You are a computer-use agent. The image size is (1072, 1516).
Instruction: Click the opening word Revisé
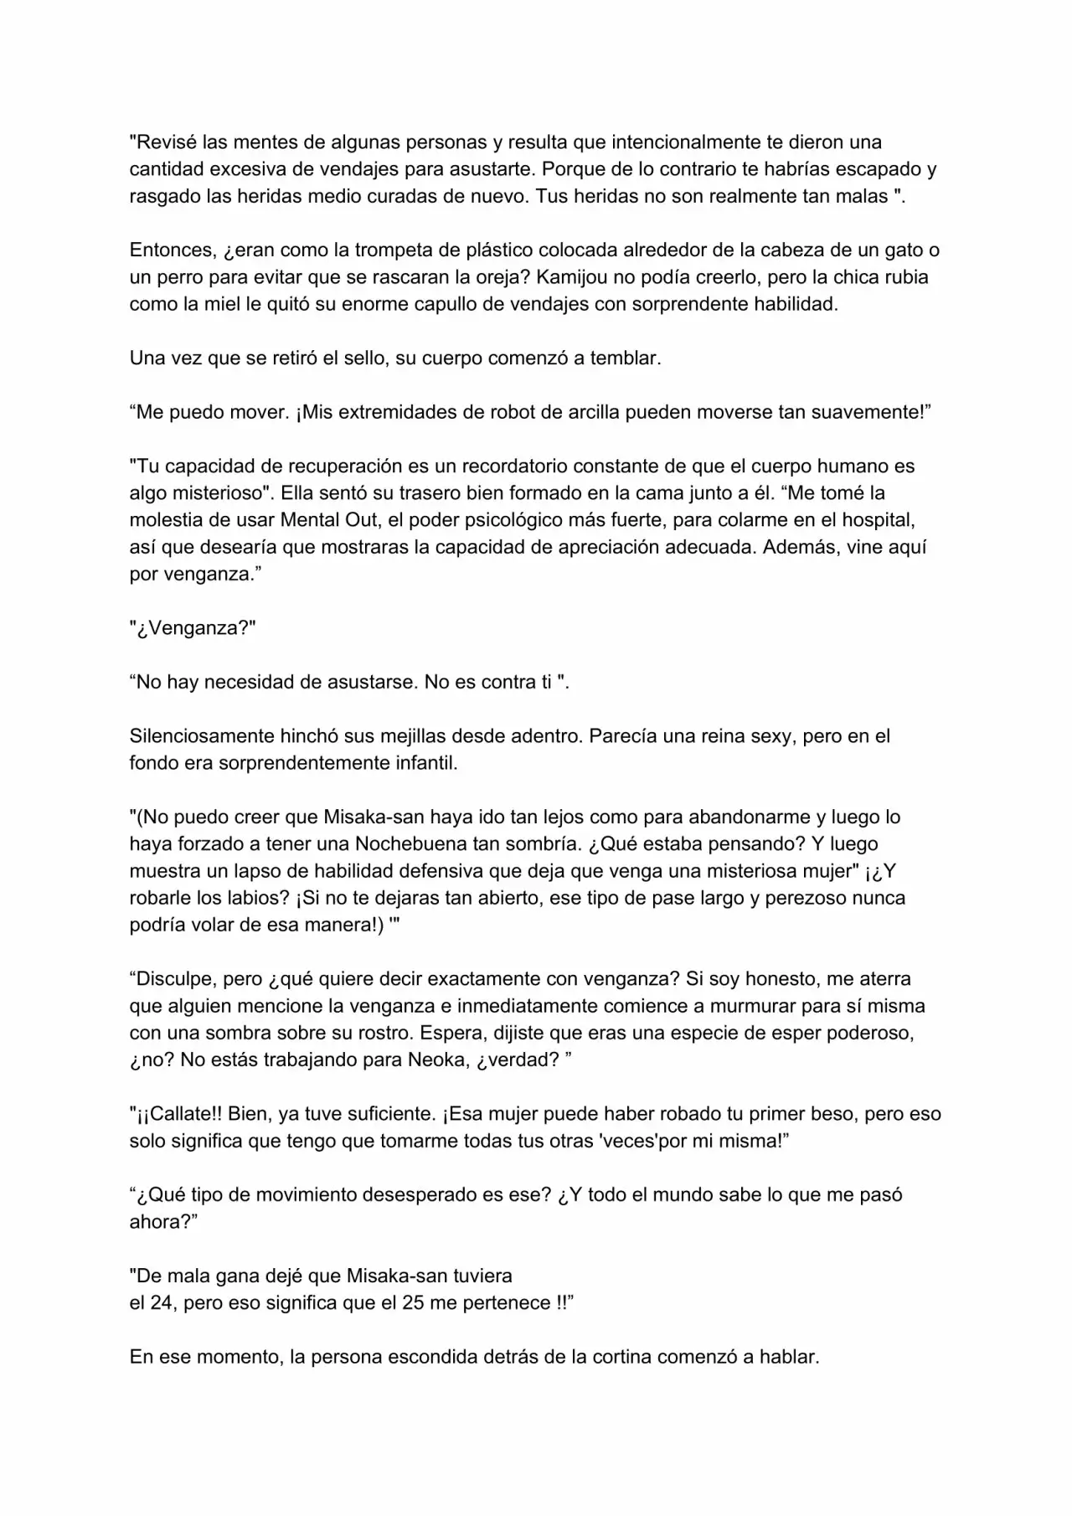point(166,142)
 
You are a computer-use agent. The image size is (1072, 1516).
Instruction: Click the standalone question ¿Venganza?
point(193,628)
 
